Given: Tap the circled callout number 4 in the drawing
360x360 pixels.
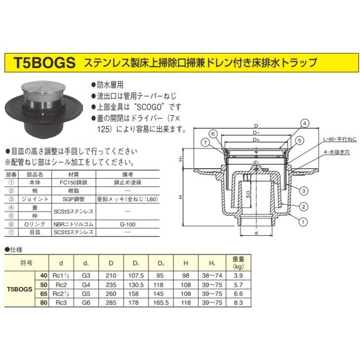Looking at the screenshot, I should (305, 123).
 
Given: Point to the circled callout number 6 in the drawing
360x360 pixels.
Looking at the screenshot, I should (212, 134).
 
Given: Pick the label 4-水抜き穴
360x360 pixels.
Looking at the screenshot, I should (336, 153).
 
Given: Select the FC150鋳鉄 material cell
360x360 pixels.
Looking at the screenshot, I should (73, 181).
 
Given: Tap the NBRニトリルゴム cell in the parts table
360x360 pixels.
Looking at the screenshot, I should (73, 223).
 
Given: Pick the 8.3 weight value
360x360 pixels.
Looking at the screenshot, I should (236, 302).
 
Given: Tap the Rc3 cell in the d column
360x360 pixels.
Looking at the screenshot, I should (61, 302).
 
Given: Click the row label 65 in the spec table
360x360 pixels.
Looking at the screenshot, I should (43, 293).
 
